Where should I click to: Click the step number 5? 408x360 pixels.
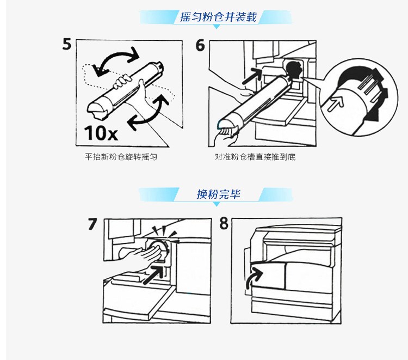[66, 44]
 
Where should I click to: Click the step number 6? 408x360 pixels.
[200, 45]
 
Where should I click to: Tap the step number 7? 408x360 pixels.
[92, 224]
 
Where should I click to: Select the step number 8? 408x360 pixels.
[224, 223]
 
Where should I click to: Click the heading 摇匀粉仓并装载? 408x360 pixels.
[218, 17]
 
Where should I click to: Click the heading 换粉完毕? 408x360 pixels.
[218, 194]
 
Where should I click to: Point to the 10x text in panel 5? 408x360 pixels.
[101, 133]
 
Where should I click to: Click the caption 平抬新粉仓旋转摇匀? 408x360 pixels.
[121, 157]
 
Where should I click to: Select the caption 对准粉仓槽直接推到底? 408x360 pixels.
[255, 157]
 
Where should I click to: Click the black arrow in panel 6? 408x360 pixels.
[252, 76]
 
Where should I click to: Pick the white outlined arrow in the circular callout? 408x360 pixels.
[336, 103]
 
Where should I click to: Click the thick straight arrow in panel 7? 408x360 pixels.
[154, 274]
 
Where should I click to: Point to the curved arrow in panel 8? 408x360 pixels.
[252, 277]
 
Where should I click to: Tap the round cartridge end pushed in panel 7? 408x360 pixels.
[158, 249]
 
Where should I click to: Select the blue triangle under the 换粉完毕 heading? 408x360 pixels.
[216, 204]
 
